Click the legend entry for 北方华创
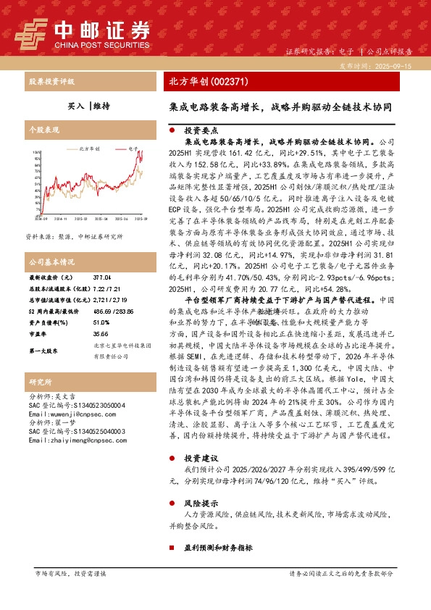point(88,147)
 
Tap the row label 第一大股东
point(44,351)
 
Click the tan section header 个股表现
point(41,128)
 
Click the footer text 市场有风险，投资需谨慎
point(70,574)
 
